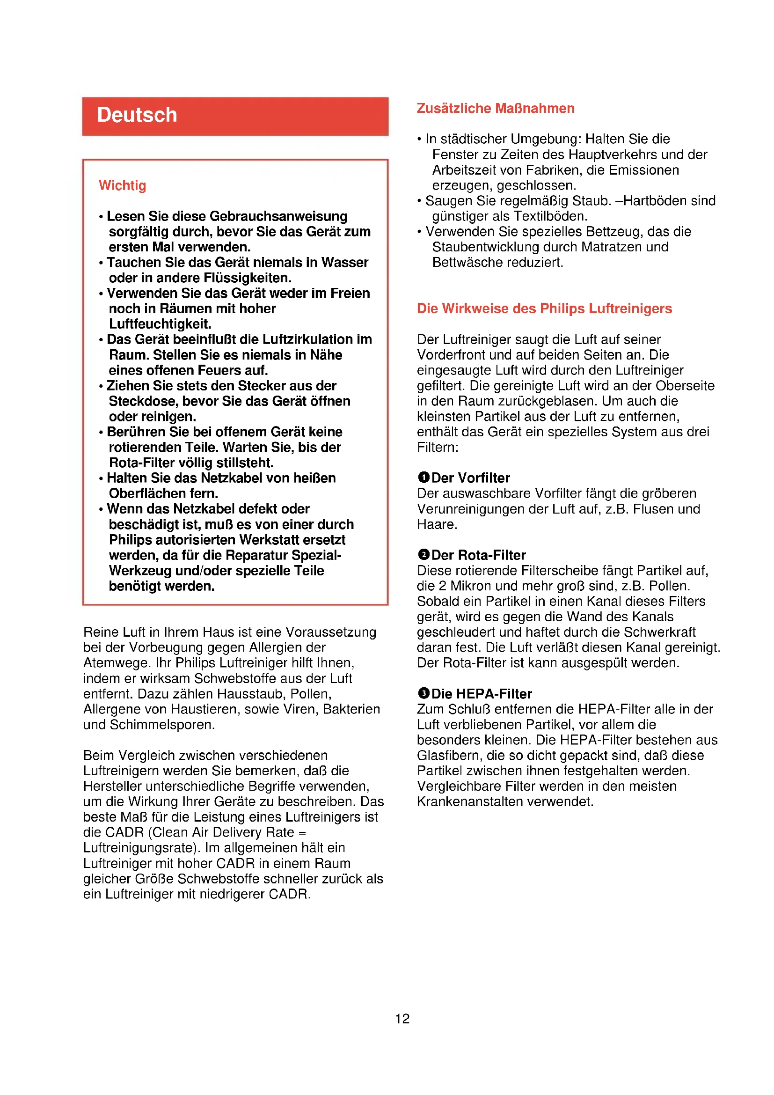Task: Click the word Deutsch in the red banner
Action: pos(137,116)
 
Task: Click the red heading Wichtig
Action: pos(122,185)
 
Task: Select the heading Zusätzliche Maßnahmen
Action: pos(495,109)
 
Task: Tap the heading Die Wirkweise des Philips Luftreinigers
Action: pos(544,309)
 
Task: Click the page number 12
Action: pos(402,1019)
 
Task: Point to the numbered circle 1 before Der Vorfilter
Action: pos(423,478)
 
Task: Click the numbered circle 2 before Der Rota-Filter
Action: pos(423,555)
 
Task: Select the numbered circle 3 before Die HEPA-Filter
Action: pos(423,693)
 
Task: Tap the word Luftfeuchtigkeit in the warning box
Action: pos(160,324)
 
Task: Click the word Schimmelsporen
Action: pos(162,725)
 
